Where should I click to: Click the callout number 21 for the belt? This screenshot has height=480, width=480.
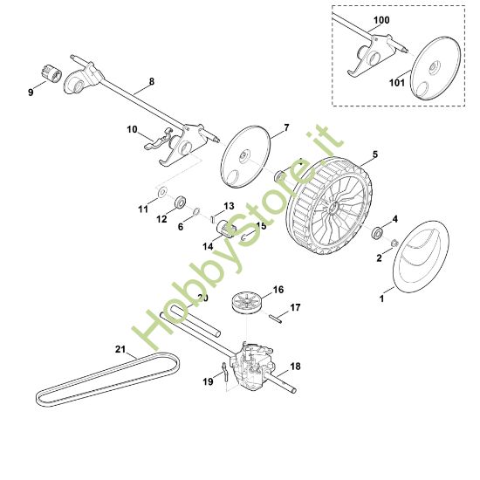tap(120, 351)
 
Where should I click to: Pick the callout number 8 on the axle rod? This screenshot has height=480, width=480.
tap(151, 81)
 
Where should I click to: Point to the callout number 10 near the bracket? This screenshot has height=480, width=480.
tap(133, 130)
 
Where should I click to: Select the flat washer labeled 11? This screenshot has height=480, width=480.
tap(162, 190)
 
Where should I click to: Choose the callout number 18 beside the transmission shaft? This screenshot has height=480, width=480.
tap(294, 367)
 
